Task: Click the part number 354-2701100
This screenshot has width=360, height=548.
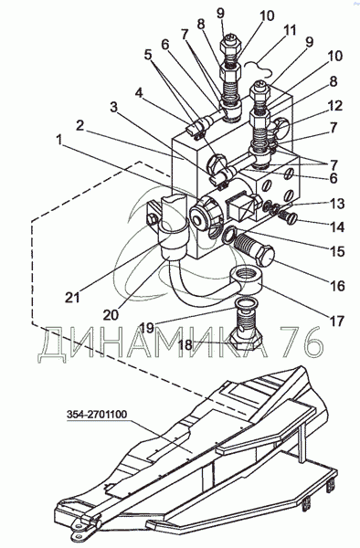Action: point(97,415)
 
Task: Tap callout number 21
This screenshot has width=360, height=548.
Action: point(72,298)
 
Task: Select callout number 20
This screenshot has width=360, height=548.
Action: point(111,314)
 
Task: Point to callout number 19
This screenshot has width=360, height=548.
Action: point(147,328)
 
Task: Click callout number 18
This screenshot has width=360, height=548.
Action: point(185,344)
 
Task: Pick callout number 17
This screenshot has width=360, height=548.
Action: point(337,321)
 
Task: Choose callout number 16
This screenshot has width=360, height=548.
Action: point(337,286)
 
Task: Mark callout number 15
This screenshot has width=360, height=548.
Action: point(338,251)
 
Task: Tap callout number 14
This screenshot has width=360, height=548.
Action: point(338,227)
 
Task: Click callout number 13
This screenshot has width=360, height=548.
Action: point(338,203)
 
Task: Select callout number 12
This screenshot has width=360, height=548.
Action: point(334,105)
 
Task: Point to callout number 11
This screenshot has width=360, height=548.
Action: point(290,30)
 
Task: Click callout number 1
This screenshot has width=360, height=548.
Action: point(59,140)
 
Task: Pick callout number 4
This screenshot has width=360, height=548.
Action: point(139,93)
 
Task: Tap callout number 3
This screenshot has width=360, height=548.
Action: point(114,107)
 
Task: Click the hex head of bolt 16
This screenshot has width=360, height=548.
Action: point(265,256)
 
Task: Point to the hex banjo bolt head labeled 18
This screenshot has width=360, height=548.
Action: point(246,340)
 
